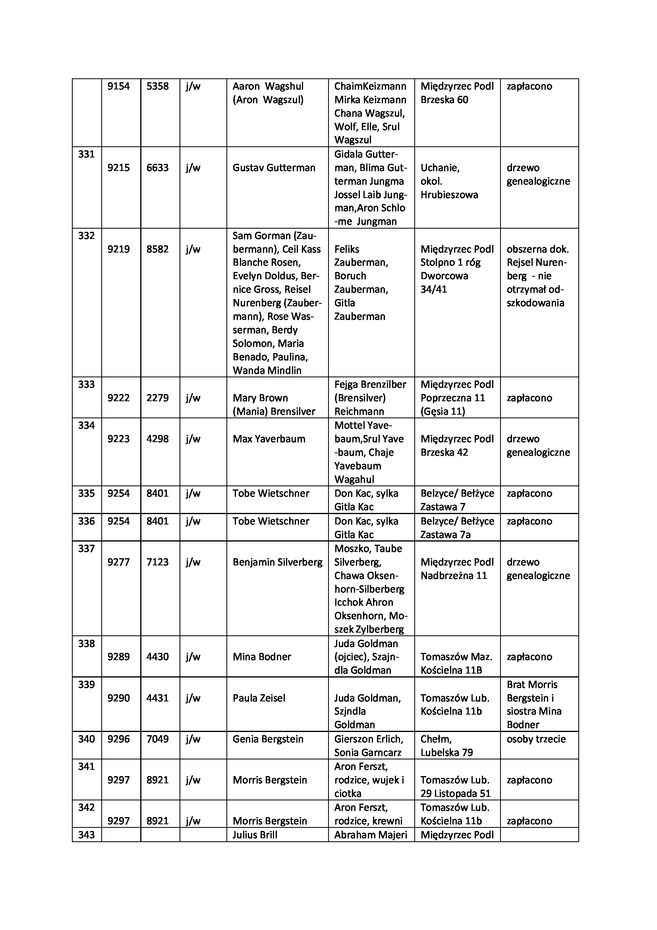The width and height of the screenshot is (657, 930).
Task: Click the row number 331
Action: (86, 154)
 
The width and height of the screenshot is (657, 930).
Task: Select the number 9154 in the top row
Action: (118, 86)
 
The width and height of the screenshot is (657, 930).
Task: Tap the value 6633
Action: (157, 168)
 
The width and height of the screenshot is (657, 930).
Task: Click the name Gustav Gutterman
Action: (274, 168)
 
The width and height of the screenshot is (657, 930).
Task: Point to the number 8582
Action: (157, 249)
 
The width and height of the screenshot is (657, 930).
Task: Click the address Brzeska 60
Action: (444, 100)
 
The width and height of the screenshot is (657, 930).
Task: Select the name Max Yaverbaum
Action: (269, 439)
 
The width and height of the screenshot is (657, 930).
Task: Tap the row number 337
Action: (86, 548)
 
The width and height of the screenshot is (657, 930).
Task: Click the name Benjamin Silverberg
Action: (278, 562)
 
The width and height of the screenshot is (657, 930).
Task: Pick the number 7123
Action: (157, 562)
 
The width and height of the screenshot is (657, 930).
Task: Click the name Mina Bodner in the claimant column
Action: (262, 656)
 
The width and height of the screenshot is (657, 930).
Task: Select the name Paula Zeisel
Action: (259, 698)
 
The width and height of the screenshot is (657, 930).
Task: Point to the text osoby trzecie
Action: (536, 739)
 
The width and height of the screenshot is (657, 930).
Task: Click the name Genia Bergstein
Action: (268, 739)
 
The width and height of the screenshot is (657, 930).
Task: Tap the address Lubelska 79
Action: (446, 752)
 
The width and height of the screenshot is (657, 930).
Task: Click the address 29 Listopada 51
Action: (455, 793)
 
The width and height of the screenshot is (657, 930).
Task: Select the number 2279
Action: (157, 398)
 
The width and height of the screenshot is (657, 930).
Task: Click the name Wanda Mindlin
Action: (267, 370)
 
